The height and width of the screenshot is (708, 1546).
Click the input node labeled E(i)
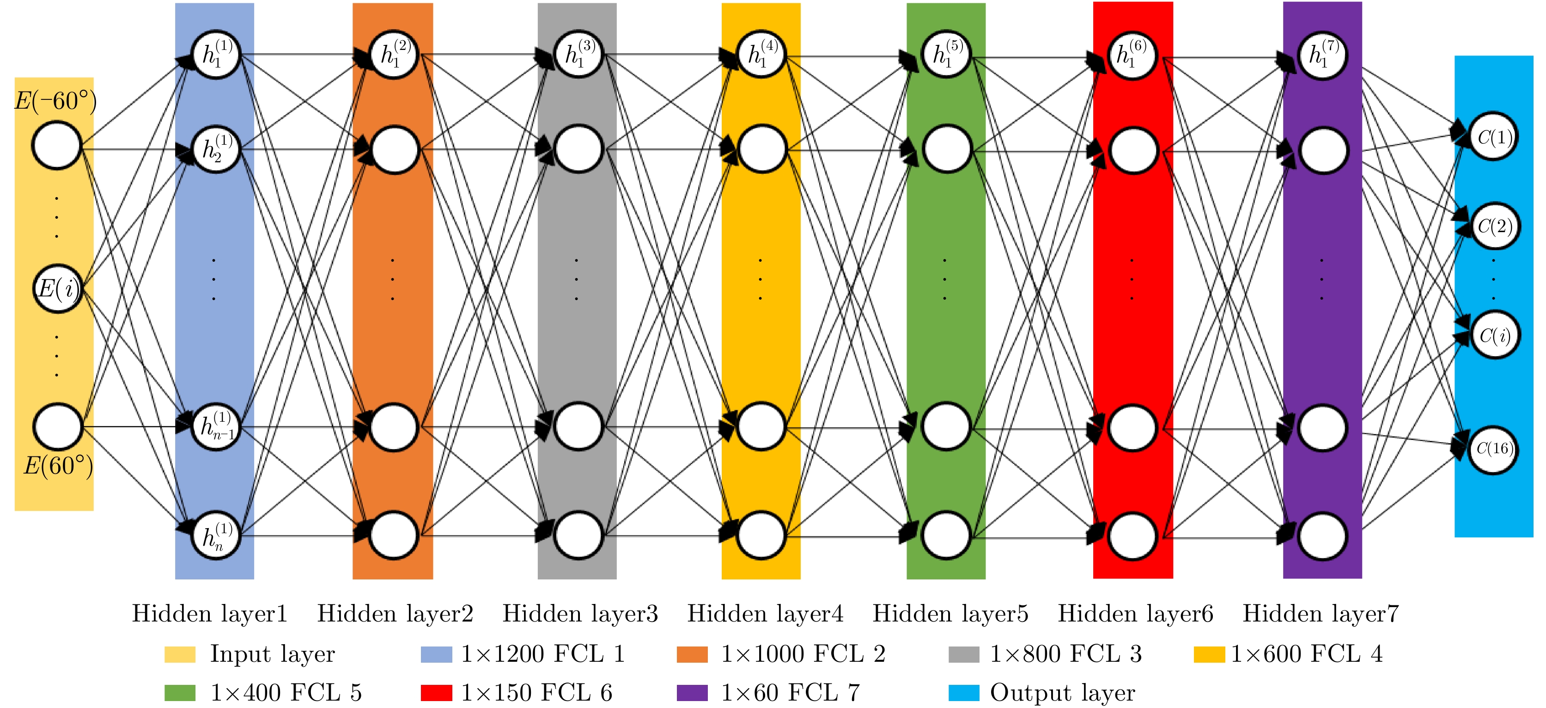pyautogui.click(x=57, y=289)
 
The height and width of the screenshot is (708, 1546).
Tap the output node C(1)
pyautogui.click(x=1494, y=136)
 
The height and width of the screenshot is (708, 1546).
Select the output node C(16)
pyautogui.click(x=1494, y=449)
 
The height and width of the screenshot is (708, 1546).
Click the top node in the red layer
pyautogui.click(x=1132, y=55)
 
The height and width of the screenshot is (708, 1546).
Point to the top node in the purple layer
pyautogui.click(x=1322, y=55)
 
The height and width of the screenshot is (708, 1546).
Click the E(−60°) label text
pyautogui.click(x=55, y=101)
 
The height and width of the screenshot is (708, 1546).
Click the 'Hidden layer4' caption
pyautogui.click(x=765, y=613)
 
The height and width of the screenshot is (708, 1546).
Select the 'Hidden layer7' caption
pyautogui.click(x=1321, y=613)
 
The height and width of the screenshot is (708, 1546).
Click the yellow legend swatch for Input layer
pyautogui.click(x=180, y=654)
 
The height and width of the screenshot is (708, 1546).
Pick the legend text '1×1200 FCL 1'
pyautogui.click(x=543, y=654)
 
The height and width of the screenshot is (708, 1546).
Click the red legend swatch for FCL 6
pyautogui.click(x=436, y=693)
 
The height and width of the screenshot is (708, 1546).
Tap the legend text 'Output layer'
pyautogui.click(x=1062, y=694)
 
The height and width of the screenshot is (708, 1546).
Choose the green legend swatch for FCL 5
pyautogui.click(x=180, y=693)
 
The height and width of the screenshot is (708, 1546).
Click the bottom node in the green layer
pyautogui.click(x=946, y=535)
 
